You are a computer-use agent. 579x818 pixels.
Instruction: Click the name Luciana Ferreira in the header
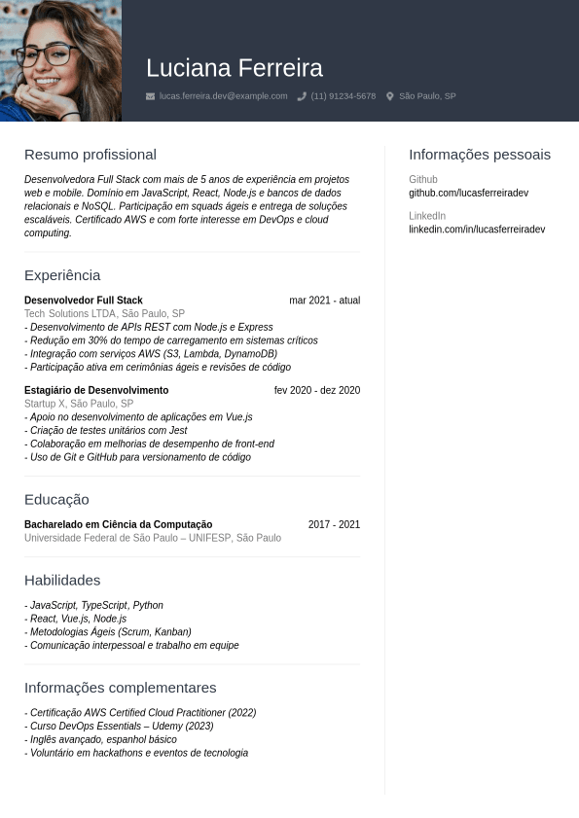point(235,68)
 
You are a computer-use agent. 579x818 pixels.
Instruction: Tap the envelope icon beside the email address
point(150,96)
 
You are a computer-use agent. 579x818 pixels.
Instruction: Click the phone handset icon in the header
point(302,96)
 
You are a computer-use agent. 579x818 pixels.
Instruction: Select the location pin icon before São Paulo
point(390,96)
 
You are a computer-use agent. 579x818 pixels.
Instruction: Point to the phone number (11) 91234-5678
point(343,96)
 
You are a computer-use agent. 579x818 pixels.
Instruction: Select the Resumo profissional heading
point(90,155)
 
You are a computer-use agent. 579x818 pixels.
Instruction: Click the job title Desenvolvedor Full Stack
point(84,301)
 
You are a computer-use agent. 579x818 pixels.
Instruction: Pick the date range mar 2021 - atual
point(324,301)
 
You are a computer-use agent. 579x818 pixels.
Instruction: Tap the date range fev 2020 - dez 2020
point(317,391)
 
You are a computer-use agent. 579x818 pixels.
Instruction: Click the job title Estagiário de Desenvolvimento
point(96,391)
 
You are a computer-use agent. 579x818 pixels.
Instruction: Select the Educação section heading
point(56,500)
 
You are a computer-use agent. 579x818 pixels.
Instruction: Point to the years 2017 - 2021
point(334,525)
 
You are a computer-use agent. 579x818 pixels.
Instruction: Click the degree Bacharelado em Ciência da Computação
point(118,525)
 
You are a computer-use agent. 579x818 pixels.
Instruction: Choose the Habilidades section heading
point(62,581)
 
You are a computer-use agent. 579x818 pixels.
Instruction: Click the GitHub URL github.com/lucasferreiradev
point(468,194)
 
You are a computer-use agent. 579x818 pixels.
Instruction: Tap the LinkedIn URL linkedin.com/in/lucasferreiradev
point(477,230)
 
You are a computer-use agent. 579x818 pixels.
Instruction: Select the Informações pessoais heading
point(480,155)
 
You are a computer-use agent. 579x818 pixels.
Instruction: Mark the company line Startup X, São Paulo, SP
point(79,404)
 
